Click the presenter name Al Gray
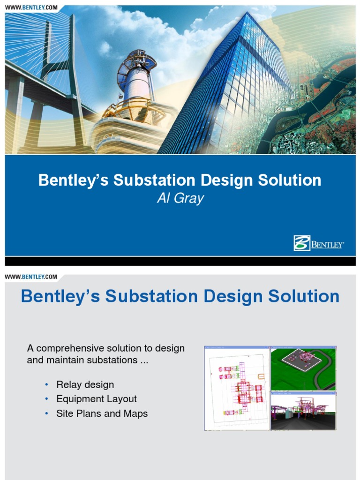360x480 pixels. click(180, 198)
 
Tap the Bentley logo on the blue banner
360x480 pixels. click(319, 243)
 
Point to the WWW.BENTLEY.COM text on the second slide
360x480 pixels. click(31, 277)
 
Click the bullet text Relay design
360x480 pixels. click(85, 385)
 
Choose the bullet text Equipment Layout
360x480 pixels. click(97, 399)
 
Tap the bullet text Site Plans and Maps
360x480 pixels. click(102, 414)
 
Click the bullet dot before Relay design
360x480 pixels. click(46, 385)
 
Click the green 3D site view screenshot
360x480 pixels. click(303, 368)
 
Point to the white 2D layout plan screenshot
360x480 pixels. click(237, 388)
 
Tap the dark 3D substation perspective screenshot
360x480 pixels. click(303, 411)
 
